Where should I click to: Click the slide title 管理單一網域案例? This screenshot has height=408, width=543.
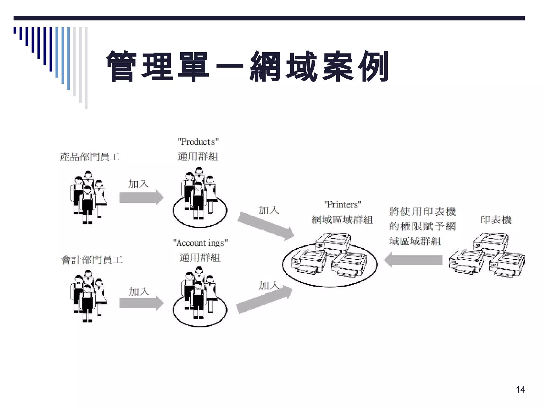(x=247, y=66)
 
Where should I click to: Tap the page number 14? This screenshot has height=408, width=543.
(x=520, y=389)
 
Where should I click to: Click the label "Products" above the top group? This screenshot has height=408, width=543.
(x=198, y=142)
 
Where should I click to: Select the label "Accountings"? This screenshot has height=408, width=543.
(x=200, y=243)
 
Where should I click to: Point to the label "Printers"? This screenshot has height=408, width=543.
(x=342, y=205)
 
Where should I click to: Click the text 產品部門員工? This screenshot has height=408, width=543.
(x=90, y=157)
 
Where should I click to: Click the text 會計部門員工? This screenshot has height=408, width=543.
(x=92, y=260)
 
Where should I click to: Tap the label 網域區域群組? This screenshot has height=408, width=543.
(x=342, y=220)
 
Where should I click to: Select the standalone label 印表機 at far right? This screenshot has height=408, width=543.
(x=496, y=220)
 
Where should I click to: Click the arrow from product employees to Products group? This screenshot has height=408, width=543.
(x=141, y=197)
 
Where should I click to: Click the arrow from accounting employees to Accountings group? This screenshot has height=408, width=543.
(x=141, y=303)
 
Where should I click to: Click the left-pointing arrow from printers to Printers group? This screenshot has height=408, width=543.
(x=414, y=260)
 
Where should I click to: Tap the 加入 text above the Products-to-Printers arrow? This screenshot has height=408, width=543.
(x=269, y=210)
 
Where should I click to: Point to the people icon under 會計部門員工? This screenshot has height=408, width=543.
(x=88, y=296)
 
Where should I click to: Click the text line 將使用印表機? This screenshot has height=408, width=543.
(x=422, y=212)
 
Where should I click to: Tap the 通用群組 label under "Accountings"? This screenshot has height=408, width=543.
(x=200, y=257)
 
